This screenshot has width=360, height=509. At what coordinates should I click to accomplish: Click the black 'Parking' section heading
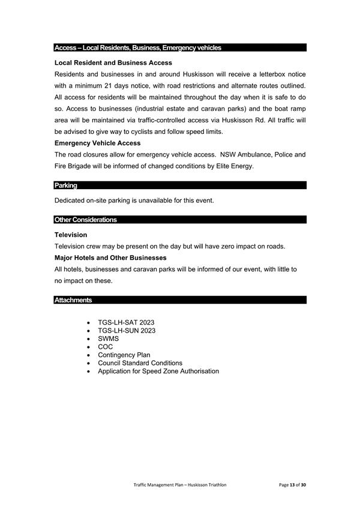pyautogui.click(x=66, y=185)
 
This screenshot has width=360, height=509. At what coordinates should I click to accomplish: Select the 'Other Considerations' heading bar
pyautogui.click(x=85, y=220)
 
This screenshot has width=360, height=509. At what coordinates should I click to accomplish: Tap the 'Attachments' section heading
pyautogui.click(x=73, y=300)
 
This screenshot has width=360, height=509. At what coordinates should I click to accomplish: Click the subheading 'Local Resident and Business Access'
pyautogui.click(x=113, y=62)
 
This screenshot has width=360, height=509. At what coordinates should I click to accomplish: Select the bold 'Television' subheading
pyautogui.click(x=71, y=235)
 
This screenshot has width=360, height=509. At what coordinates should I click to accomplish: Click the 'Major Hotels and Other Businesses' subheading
pyautogui.click(x=110, y=258)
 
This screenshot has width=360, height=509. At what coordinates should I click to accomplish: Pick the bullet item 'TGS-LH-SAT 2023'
pyautogui.click(x=126, y=322)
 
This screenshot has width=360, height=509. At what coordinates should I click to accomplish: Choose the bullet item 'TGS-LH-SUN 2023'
pyautogui.click(x=127, y=331)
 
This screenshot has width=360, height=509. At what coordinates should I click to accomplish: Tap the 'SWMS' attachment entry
pyautogui.click(x=109, y=339)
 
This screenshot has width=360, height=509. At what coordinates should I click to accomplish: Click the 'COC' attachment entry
pyautogui.click(x=105, y=347)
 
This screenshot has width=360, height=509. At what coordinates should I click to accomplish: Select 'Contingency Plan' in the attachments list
pyautogui.click(x=124, y=355)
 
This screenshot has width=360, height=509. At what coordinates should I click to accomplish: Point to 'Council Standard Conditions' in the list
pyautogui.click(x=140, y=363)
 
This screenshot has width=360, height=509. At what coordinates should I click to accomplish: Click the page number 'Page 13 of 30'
pyautogui.click(x=293, y=484)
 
